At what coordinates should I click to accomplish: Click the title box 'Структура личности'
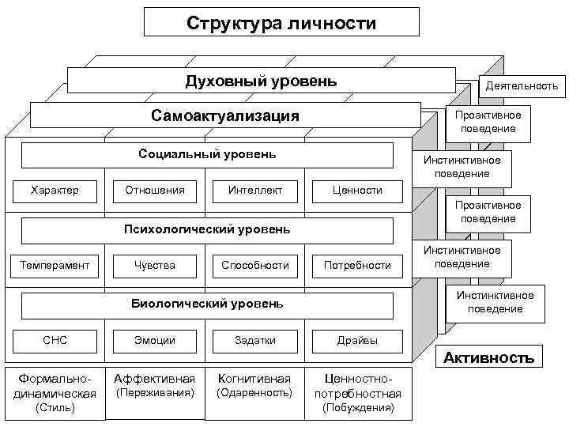click(x=281, y=22)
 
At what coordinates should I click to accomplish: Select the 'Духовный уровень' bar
click(x=261, y=81)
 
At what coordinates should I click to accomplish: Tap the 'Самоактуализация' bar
click(x=225, y=115)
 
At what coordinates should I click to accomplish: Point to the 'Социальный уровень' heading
click(x=207, y=154)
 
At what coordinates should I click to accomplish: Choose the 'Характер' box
click(x=55, y=190)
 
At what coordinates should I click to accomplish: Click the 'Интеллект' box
click(x=254, y=190)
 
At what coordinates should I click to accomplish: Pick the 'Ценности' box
click(x=357, y=190)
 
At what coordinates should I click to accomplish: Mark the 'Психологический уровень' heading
click(x=207, y=230)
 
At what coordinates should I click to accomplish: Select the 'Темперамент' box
click(x=55, y=265)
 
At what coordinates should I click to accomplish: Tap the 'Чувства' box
click(x=155, y=265)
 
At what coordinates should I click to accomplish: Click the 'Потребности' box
click(x=357, y=265)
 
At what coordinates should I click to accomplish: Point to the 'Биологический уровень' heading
click(x=207, y=304)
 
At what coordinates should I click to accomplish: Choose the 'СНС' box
click(x=55, y=341)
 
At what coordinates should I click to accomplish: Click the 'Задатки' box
click(x=254, y=341)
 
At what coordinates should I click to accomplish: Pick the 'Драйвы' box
click(x=357, y=341)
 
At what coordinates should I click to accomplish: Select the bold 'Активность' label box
click(x=488, y=357)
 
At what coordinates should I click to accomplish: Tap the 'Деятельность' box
click(x=522, y=85)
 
